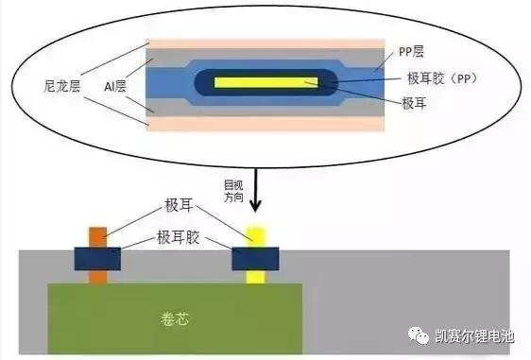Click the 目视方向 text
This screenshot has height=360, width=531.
pyautogui.click(x=232, y=191)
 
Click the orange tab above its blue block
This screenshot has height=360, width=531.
pyautogui.click(x=98, y=236)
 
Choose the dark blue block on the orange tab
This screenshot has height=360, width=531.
pyautogui.click(x=97, y=257)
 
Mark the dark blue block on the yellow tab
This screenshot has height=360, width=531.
pyautogui.click(x=254, y=257)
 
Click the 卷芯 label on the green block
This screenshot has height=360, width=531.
pyautogui.click(x=176, y=317)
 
